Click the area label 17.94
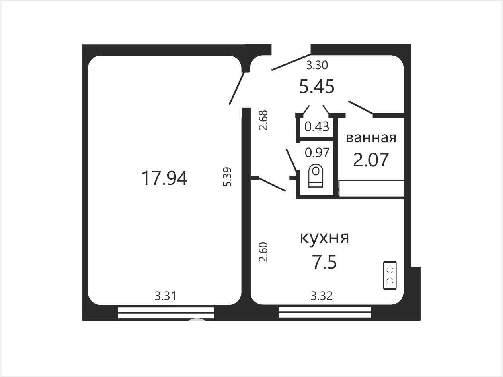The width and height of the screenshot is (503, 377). point(164,178)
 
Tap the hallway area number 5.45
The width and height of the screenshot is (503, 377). point(317,87)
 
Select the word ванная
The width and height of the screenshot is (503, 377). point(371,138)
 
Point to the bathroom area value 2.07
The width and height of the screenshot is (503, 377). point(371,160)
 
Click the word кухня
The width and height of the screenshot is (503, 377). point(324,238)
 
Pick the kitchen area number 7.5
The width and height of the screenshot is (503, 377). point(325,262)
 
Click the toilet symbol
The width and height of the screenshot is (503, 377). point(316,176)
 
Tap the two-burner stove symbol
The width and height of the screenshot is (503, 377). point(390,275)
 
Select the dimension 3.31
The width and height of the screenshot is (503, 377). point(166,296)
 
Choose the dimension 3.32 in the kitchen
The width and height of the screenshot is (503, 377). point(322,296)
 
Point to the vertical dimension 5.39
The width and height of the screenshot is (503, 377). point(228,177)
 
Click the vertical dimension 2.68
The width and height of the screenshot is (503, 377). point(263,120)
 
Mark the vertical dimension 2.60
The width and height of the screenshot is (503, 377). point(263,252)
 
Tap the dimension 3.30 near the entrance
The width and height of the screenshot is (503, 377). point(317,65)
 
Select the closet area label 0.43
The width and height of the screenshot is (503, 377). point(317,126)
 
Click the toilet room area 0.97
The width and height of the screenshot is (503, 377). point(317,153)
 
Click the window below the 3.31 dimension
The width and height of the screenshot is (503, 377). point(166,313)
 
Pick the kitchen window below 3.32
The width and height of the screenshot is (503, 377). point(325,313)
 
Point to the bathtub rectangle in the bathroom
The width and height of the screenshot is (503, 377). point(371,188)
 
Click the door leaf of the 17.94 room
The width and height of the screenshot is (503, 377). point(237,88)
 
